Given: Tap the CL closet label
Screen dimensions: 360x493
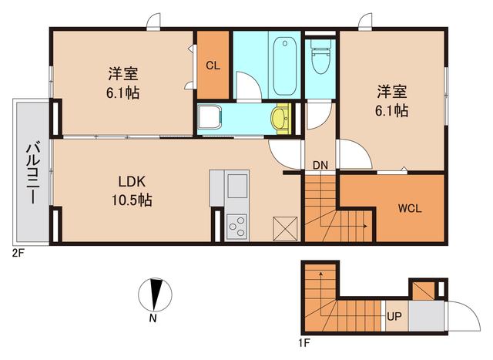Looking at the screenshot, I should point(213,65).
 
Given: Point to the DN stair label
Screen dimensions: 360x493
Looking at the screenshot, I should point(320,164).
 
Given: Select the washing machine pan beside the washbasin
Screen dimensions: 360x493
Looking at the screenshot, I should point(209,118).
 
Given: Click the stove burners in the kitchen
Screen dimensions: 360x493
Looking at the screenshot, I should point(237,226).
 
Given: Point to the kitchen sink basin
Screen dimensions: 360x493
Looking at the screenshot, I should point(236,185).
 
